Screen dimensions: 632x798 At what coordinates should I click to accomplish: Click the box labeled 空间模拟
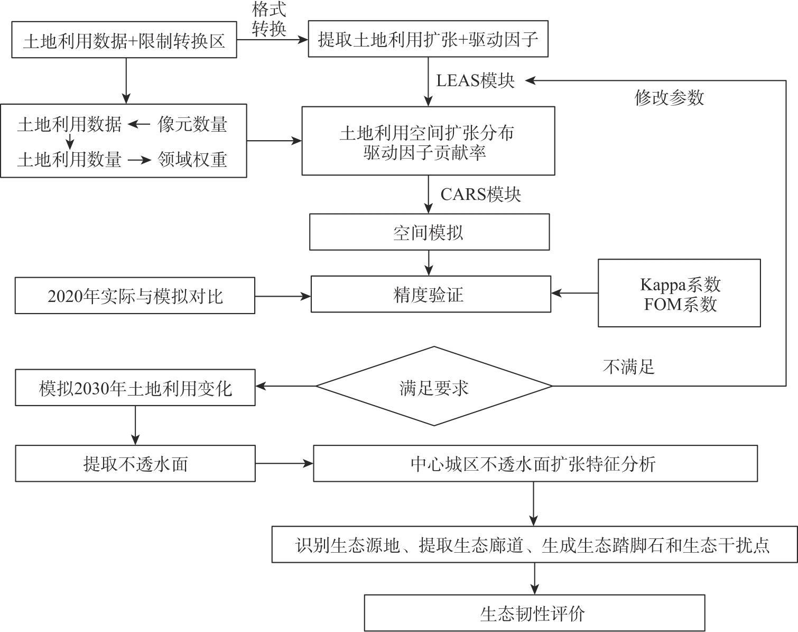pos(429,232)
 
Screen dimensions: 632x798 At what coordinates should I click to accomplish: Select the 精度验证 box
pos(430,295)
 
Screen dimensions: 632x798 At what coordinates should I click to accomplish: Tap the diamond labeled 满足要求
pos(434,387)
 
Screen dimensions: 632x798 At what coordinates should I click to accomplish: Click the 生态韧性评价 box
pos(534,613)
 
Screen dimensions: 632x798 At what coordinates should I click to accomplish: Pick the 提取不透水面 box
pos(135,464)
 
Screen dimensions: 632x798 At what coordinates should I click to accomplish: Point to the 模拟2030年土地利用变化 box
pos(135,388)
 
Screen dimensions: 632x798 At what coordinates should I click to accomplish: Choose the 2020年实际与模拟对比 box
pos(135,296)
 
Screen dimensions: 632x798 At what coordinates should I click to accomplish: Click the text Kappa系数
pos(680,285)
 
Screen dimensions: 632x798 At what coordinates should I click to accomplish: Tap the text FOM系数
pos(680,305)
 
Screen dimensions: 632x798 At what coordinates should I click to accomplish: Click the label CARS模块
pos(480,194)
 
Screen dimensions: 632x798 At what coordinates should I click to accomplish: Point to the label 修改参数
pos(669,97)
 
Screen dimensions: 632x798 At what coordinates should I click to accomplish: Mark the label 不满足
pos(628,367)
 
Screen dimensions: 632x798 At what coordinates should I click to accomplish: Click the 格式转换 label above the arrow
pos(269,19)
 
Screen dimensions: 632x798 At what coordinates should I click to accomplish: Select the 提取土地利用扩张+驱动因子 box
pos(428,39)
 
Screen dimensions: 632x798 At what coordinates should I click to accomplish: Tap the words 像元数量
pos(192,124)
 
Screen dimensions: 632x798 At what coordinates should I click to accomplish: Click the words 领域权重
pos(192,159)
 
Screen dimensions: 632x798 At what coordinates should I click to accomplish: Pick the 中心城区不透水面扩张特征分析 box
pos(535,464)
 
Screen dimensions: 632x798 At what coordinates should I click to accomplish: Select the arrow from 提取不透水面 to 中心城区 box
pos(284,464)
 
